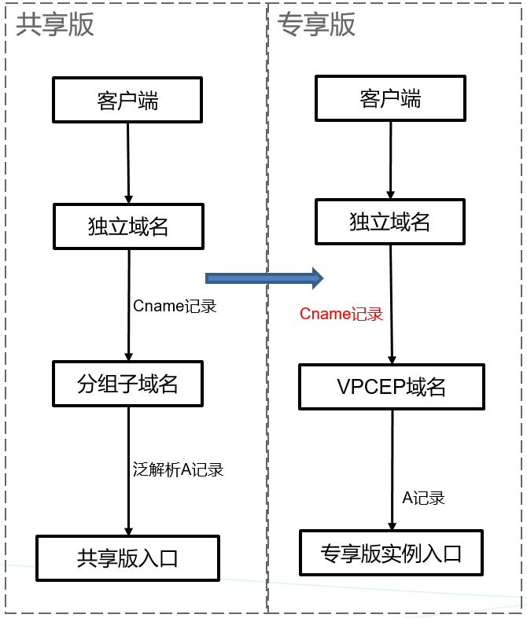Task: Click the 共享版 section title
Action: tap(55, 24)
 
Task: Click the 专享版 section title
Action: tap(316, 24)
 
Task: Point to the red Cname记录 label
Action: tap(341, 315)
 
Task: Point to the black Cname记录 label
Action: tap(175, 306)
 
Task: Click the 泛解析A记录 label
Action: tap(179, 470)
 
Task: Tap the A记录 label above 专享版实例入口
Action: tap(423, 498)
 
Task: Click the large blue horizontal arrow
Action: tap(264, 278)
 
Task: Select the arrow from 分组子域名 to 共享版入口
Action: tap(128, 471)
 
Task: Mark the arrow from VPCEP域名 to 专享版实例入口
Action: tap(392, 470)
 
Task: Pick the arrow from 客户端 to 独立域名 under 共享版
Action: tap(128, 164)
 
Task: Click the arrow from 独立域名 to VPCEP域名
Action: tap(392, 304)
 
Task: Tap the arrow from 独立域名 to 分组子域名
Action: tap(129, 305)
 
